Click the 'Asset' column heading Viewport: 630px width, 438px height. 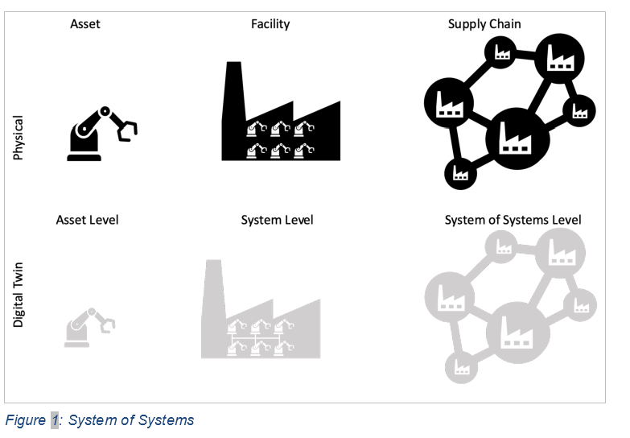(x=85, y=23)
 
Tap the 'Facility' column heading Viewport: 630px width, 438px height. (x=270, y=23)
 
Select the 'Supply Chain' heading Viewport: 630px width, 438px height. (x=484, y=23)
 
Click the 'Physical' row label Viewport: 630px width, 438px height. (x=19, y=136)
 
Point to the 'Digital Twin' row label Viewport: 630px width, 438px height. (x=19, y=294)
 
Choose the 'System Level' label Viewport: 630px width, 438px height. (x=277, y=220)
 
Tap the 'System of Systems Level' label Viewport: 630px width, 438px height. (x=513, y=220)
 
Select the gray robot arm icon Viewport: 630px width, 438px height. (x=89, y=327)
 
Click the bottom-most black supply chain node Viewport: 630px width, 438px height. (x=460, y=172)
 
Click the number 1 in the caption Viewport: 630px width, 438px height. (x=55, y=419)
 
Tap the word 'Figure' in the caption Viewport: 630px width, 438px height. (x=26, y=419)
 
